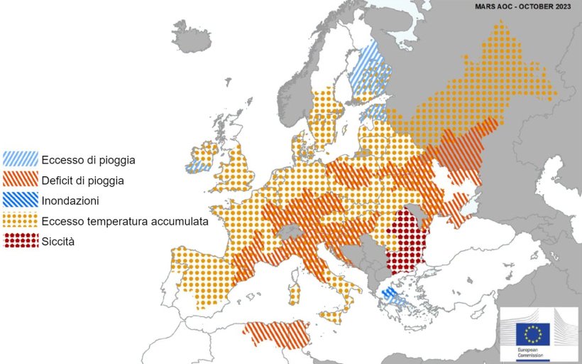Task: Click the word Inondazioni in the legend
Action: [x=70, y=201]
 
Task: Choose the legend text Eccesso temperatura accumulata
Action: [x=124, y=221]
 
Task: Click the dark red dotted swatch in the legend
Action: [x=21, y=241]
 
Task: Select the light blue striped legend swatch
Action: [x=21, y=159]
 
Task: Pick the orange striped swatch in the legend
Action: [x=21, y=180]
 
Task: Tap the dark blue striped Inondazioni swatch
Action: [x=21, y=200]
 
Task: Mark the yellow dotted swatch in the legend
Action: [x=21, y=221]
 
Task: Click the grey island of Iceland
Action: [x=191, y=37]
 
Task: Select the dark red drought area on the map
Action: [x=407, y=242]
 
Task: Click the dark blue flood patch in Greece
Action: [x=389, y=292]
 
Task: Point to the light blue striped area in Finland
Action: [x=372, y=71]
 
